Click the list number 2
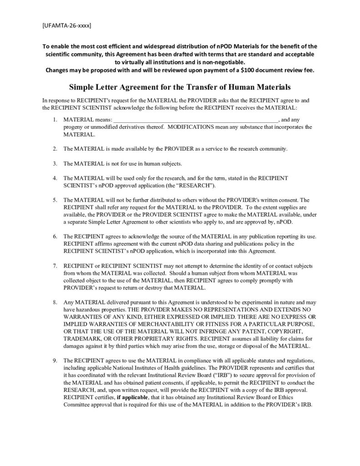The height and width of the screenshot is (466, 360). [x=54, y=149]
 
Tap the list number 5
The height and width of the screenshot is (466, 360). [x=54, y=200]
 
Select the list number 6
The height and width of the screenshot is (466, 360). [x=54, y=237]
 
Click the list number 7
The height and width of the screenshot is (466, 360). [x=54, y=265]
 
